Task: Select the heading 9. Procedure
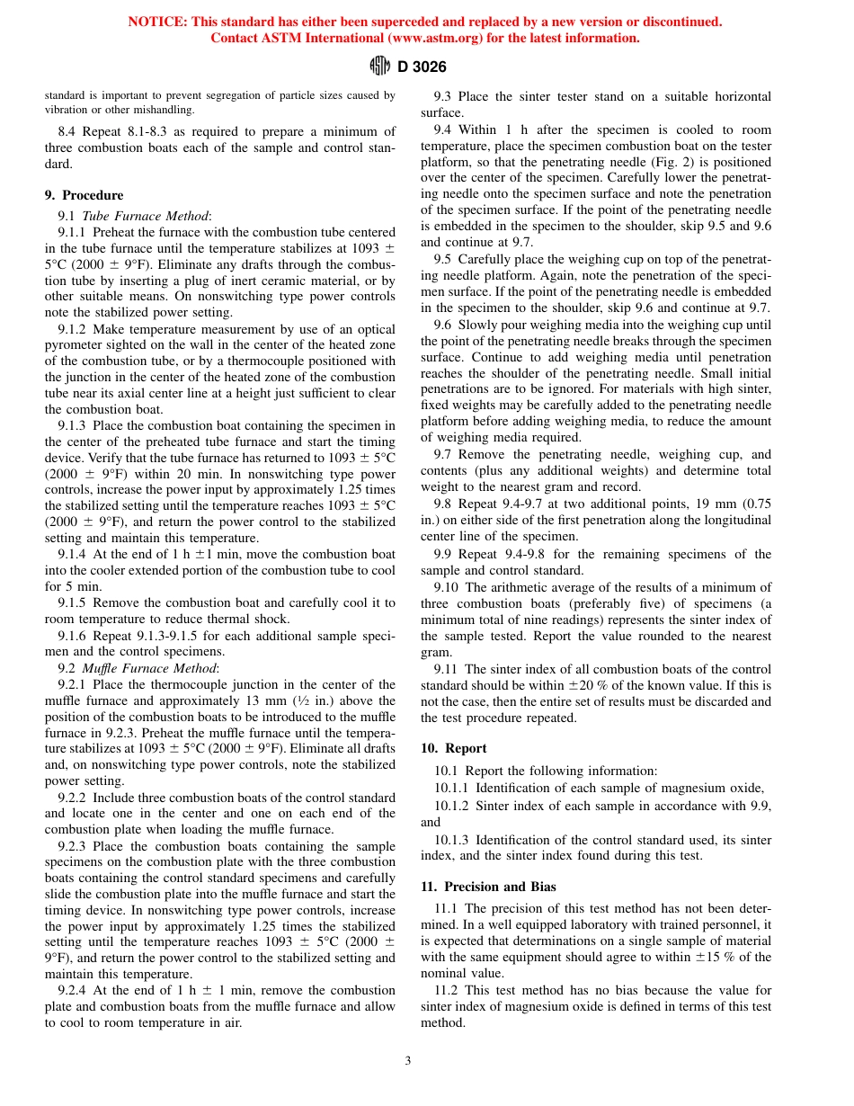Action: coord(85,195)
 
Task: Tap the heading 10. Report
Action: coord(454,748)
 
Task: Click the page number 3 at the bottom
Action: coord(408,1061)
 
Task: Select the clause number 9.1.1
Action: coord(73,233)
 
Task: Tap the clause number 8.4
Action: coord(67,132)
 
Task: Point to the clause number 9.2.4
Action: coord(73,990)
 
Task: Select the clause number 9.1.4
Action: coord(73,555)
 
